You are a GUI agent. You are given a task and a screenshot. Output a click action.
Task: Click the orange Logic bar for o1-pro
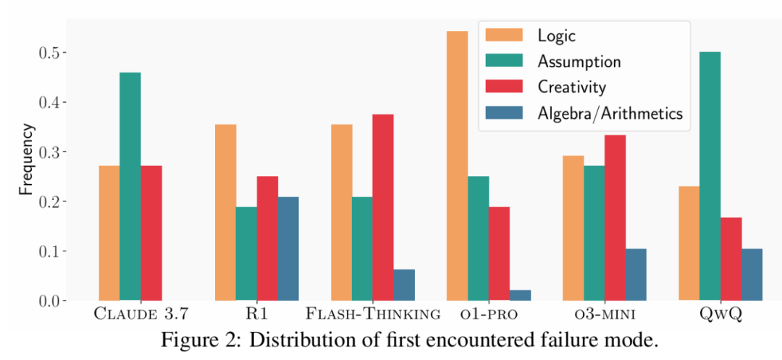[x=457, y=166]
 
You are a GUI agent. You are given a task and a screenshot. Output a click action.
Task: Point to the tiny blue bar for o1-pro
[x=520, y=295]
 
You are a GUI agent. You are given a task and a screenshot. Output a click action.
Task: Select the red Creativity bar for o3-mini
[x=615, y=217]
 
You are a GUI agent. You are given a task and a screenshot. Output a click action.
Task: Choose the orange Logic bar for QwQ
[x=689, y=243]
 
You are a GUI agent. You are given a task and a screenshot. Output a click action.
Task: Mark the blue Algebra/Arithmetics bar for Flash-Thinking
[x=404, y=285]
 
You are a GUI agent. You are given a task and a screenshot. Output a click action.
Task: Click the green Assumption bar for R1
[x=246, y=254]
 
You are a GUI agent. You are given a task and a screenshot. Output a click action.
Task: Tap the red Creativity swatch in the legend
[x=505, y=87]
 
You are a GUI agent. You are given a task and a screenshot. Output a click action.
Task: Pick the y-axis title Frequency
[x=26, y=160]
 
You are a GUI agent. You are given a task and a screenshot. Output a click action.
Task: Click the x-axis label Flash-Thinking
[x=373, y=314]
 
